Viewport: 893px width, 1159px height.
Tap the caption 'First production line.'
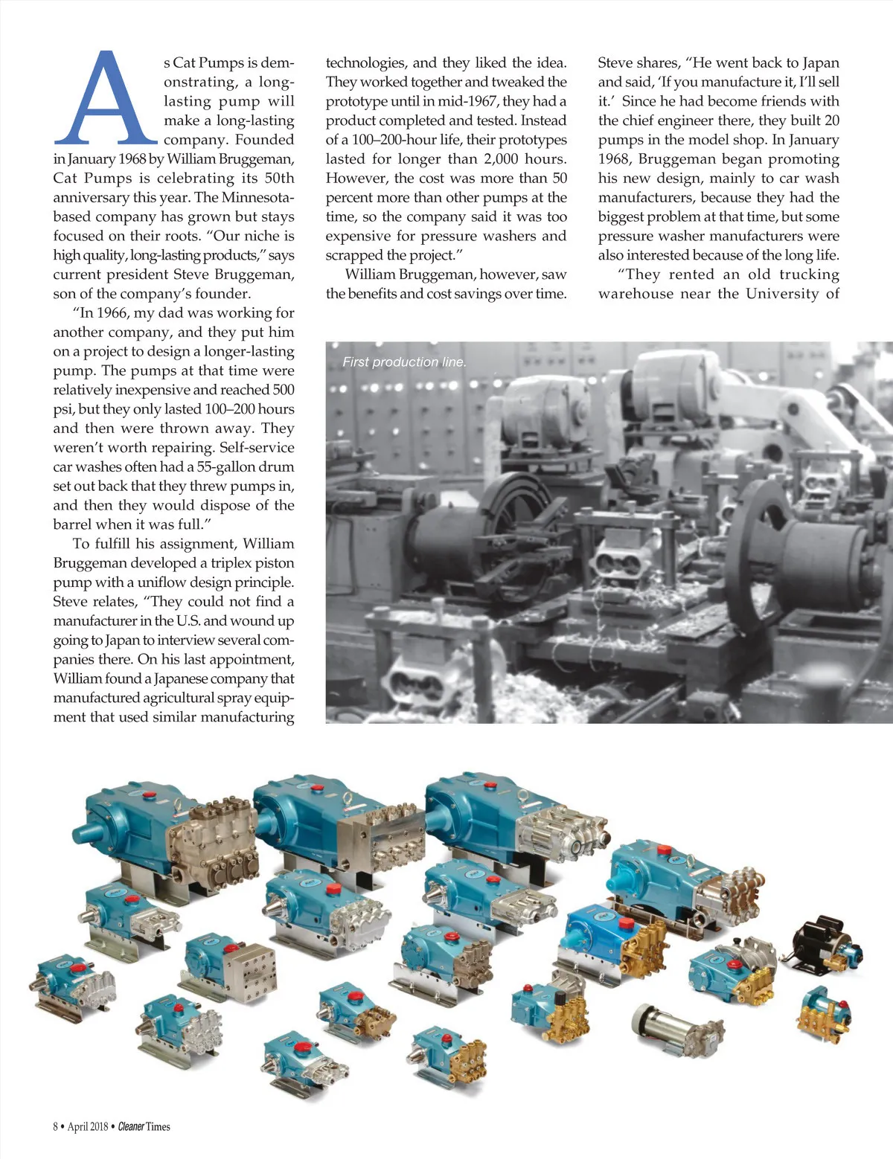[404, 362]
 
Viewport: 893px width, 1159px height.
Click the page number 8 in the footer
[56, 1126]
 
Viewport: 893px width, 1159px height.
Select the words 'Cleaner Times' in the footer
[144, 1126]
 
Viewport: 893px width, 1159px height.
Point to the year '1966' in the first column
[112, 313]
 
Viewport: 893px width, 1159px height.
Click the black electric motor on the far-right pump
[817, 938]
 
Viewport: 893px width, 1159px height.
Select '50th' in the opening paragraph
[278, 179]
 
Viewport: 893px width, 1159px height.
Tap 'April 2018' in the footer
[88, 1126]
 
